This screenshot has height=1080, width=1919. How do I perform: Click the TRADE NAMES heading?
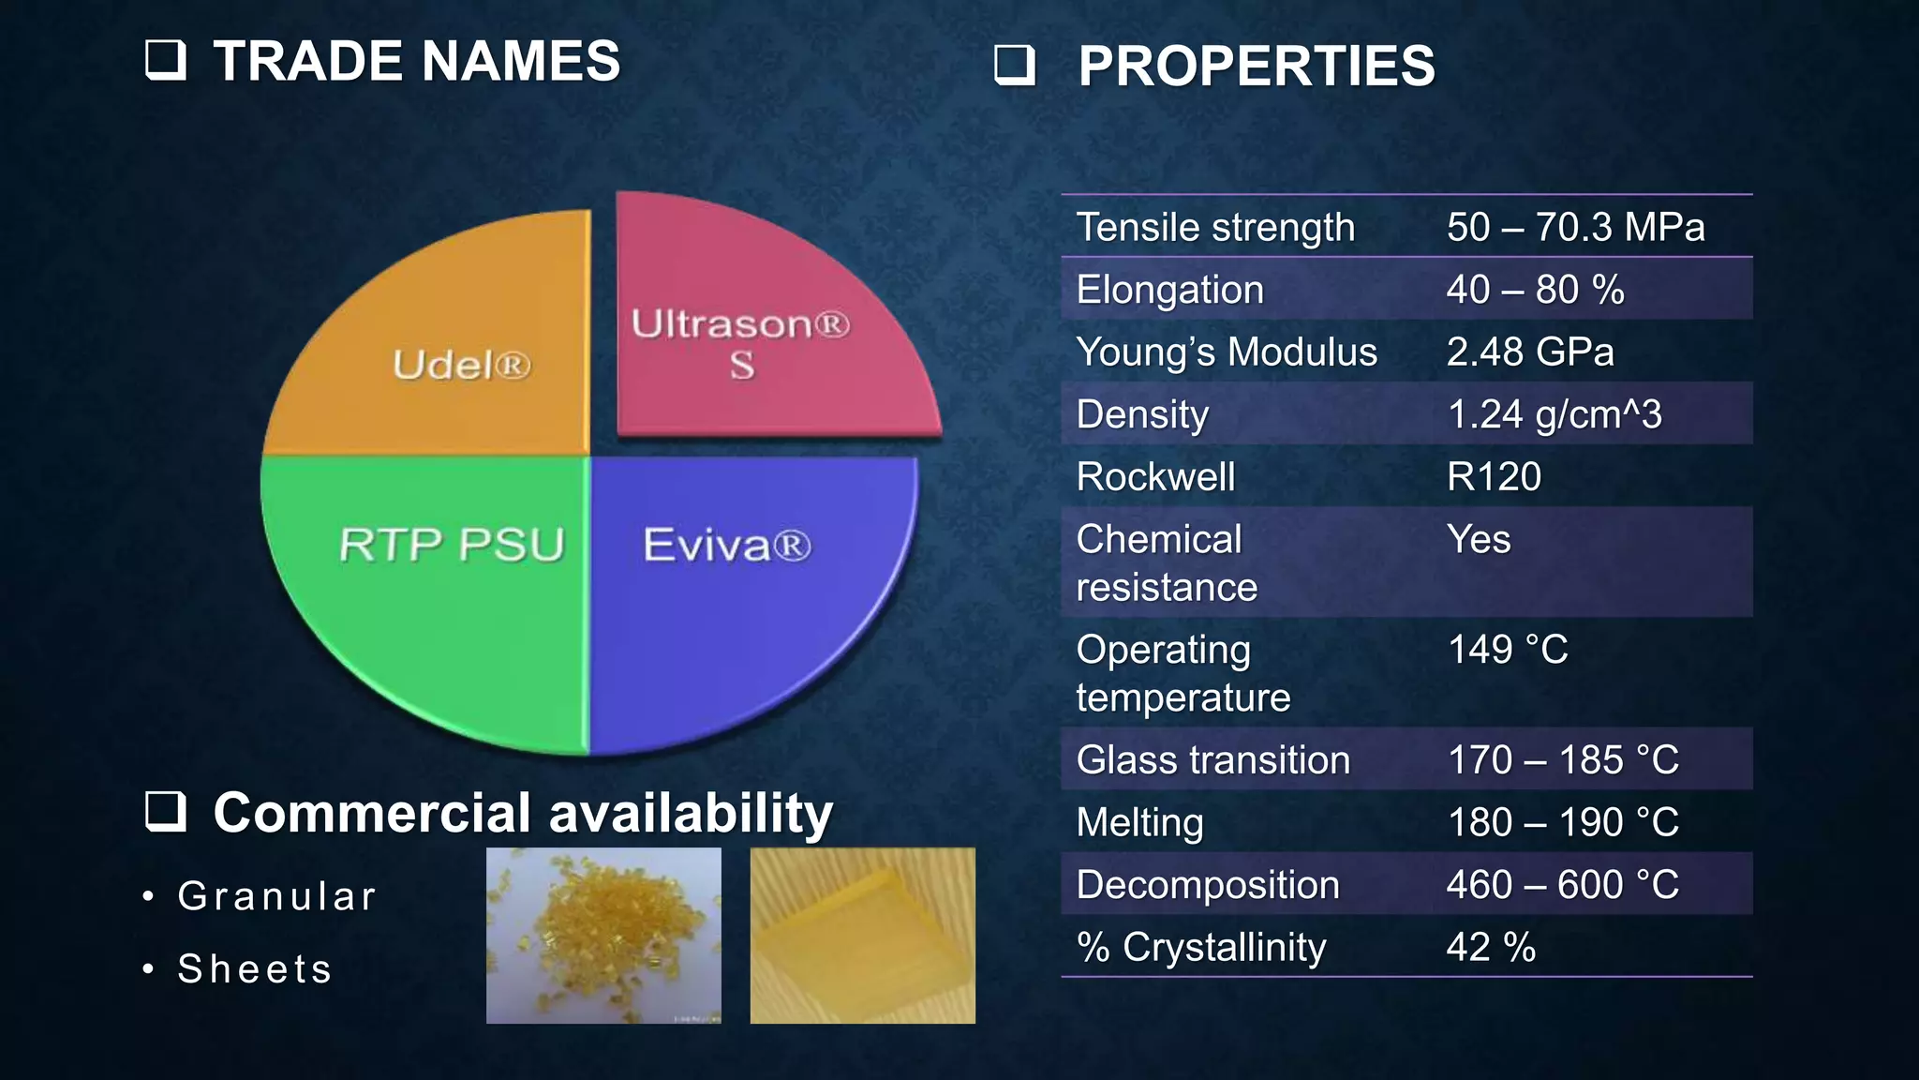(416, 61)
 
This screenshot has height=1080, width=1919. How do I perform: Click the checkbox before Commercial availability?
(166, 811)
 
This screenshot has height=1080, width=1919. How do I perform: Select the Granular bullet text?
(277, 896)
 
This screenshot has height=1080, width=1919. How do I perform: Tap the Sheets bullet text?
(255, 968)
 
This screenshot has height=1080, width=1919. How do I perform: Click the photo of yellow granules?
(603, 935)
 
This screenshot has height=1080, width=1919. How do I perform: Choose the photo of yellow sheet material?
(862, 935)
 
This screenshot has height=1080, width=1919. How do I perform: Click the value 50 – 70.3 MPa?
(1575, 227)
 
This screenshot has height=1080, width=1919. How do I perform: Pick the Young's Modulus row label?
(1226, 352)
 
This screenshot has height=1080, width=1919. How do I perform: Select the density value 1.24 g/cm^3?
(1554, 414)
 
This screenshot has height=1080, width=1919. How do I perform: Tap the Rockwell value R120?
(1494, 476)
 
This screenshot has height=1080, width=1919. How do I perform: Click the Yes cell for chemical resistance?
(1479, 539)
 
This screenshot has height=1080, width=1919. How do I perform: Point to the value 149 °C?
(1507, 649)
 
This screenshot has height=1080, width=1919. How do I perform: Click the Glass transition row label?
(1212, 759)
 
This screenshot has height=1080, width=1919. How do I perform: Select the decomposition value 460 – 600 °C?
(1562, 884)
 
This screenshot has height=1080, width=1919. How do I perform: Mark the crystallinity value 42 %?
(1490, 947)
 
